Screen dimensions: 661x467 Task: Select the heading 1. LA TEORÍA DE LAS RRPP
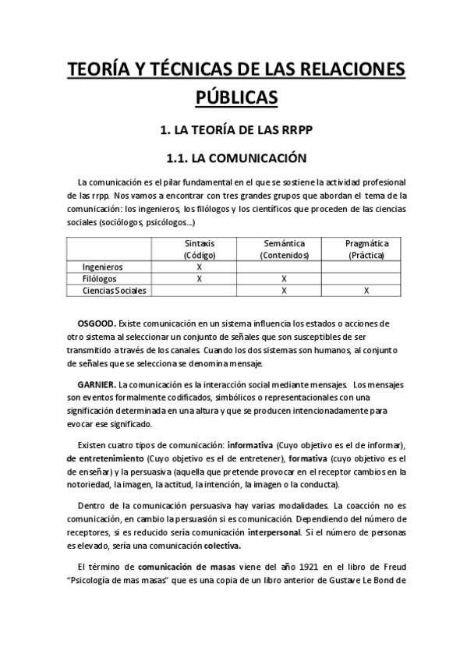[233, 129]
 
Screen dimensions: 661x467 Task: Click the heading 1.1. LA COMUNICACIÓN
[233, 158]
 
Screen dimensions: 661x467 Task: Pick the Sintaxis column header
[200, 249]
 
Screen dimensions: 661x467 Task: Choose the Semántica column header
[284, 249]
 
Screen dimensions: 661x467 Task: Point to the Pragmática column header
[366, 249]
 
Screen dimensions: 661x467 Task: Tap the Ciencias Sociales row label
[113, 291]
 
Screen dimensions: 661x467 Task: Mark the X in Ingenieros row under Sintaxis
[200, 267]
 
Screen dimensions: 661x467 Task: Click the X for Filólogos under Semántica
[284, 278]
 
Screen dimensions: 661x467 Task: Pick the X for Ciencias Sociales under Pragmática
[366, 291]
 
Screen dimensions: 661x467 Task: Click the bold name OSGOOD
[97, 322]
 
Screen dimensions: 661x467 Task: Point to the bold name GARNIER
[97, 384]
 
